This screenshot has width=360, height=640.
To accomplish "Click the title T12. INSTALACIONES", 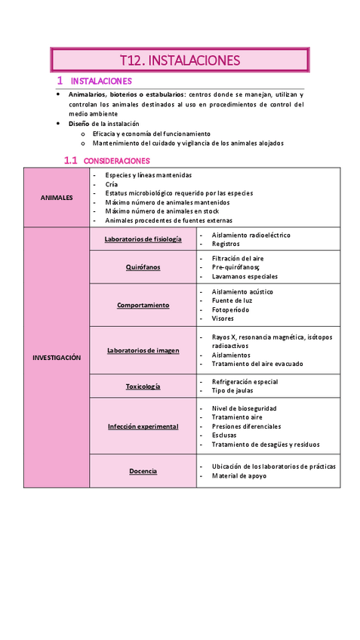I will (180, 60).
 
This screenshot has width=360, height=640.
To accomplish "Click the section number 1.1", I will (71, 160).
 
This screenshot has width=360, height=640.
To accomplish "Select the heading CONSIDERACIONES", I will (116, 161).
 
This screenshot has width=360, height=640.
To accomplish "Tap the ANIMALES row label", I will (57, 198).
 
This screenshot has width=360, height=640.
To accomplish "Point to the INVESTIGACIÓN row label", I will (57, 358).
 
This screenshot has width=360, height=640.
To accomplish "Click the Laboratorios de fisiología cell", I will (143, 239).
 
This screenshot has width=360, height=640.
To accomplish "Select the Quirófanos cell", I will (143, 267).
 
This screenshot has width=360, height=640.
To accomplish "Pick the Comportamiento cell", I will (143, 305).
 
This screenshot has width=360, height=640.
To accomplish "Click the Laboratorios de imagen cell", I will (143, 350).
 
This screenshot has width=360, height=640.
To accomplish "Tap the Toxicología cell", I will (143, 386).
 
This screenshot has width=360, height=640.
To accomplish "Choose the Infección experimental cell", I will (143, 426).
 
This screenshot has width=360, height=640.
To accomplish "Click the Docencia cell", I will (143, 471).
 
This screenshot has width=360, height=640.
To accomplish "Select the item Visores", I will (223, 318).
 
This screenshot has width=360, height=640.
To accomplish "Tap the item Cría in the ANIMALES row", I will (112, 184).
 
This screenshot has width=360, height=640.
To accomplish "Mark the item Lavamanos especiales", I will (245, 276).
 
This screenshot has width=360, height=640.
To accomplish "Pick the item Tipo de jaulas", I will (232, 391).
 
